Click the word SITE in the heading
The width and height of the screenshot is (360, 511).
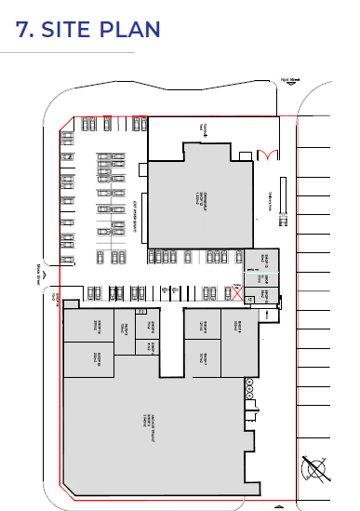[x=71, y=29]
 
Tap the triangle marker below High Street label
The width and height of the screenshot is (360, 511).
[x=294, y=91]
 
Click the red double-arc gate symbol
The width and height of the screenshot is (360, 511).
[x=267, y=153]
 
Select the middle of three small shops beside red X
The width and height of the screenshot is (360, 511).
[x=261, y=278]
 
